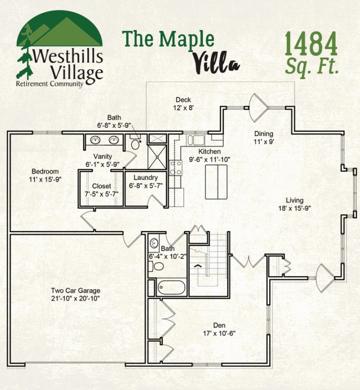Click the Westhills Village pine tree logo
pos(60,49)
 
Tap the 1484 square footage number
pos(311,44)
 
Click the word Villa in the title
pos(216,62)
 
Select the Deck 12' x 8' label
pos(183,103)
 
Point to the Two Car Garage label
pos(75,294)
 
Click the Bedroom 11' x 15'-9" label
pos(45,175)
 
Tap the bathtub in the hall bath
pos(172,287)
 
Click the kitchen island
pos(216,182)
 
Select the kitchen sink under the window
pos(196,140)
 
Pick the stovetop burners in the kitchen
pos(175,168)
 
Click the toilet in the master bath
pos(135,142)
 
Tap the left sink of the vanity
pos(95,140)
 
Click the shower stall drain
pos(157,157)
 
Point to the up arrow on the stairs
pos(198,265)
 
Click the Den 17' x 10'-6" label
pos(219,329)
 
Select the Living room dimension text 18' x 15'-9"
pos(294,208)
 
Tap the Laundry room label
pos(146,177)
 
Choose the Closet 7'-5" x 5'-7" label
pos(102,190)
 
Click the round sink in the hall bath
pos(154,243)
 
